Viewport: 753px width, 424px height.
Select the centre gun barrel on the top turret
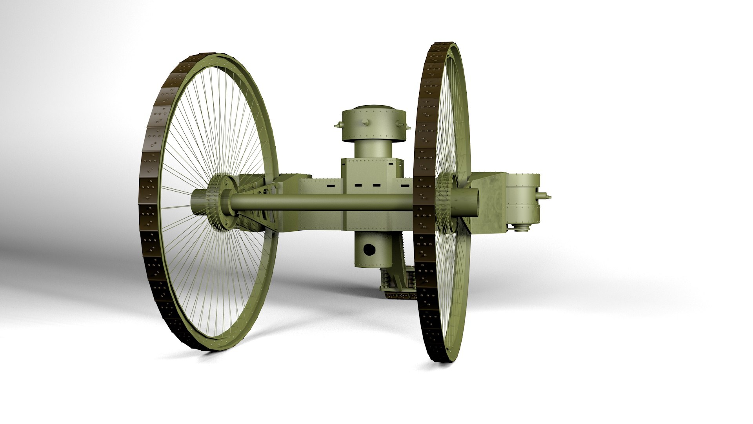(366, 123)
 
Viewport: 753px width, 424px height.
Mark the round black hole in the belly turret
(369, 249)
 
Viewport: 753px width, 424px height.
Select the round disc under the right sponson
(524, 228)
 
